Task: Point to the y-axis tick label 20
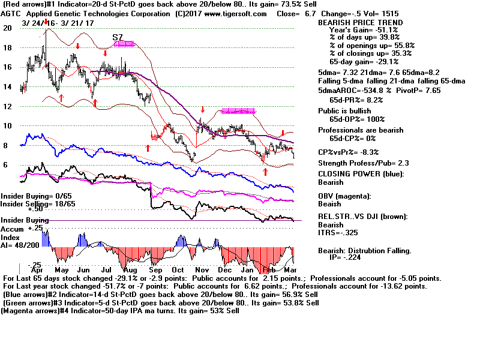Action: click(x=7, y=28)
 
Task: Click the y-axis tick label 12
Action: click(x=7, y=106)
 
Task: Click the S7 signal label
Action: click(x=118, y=37)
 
